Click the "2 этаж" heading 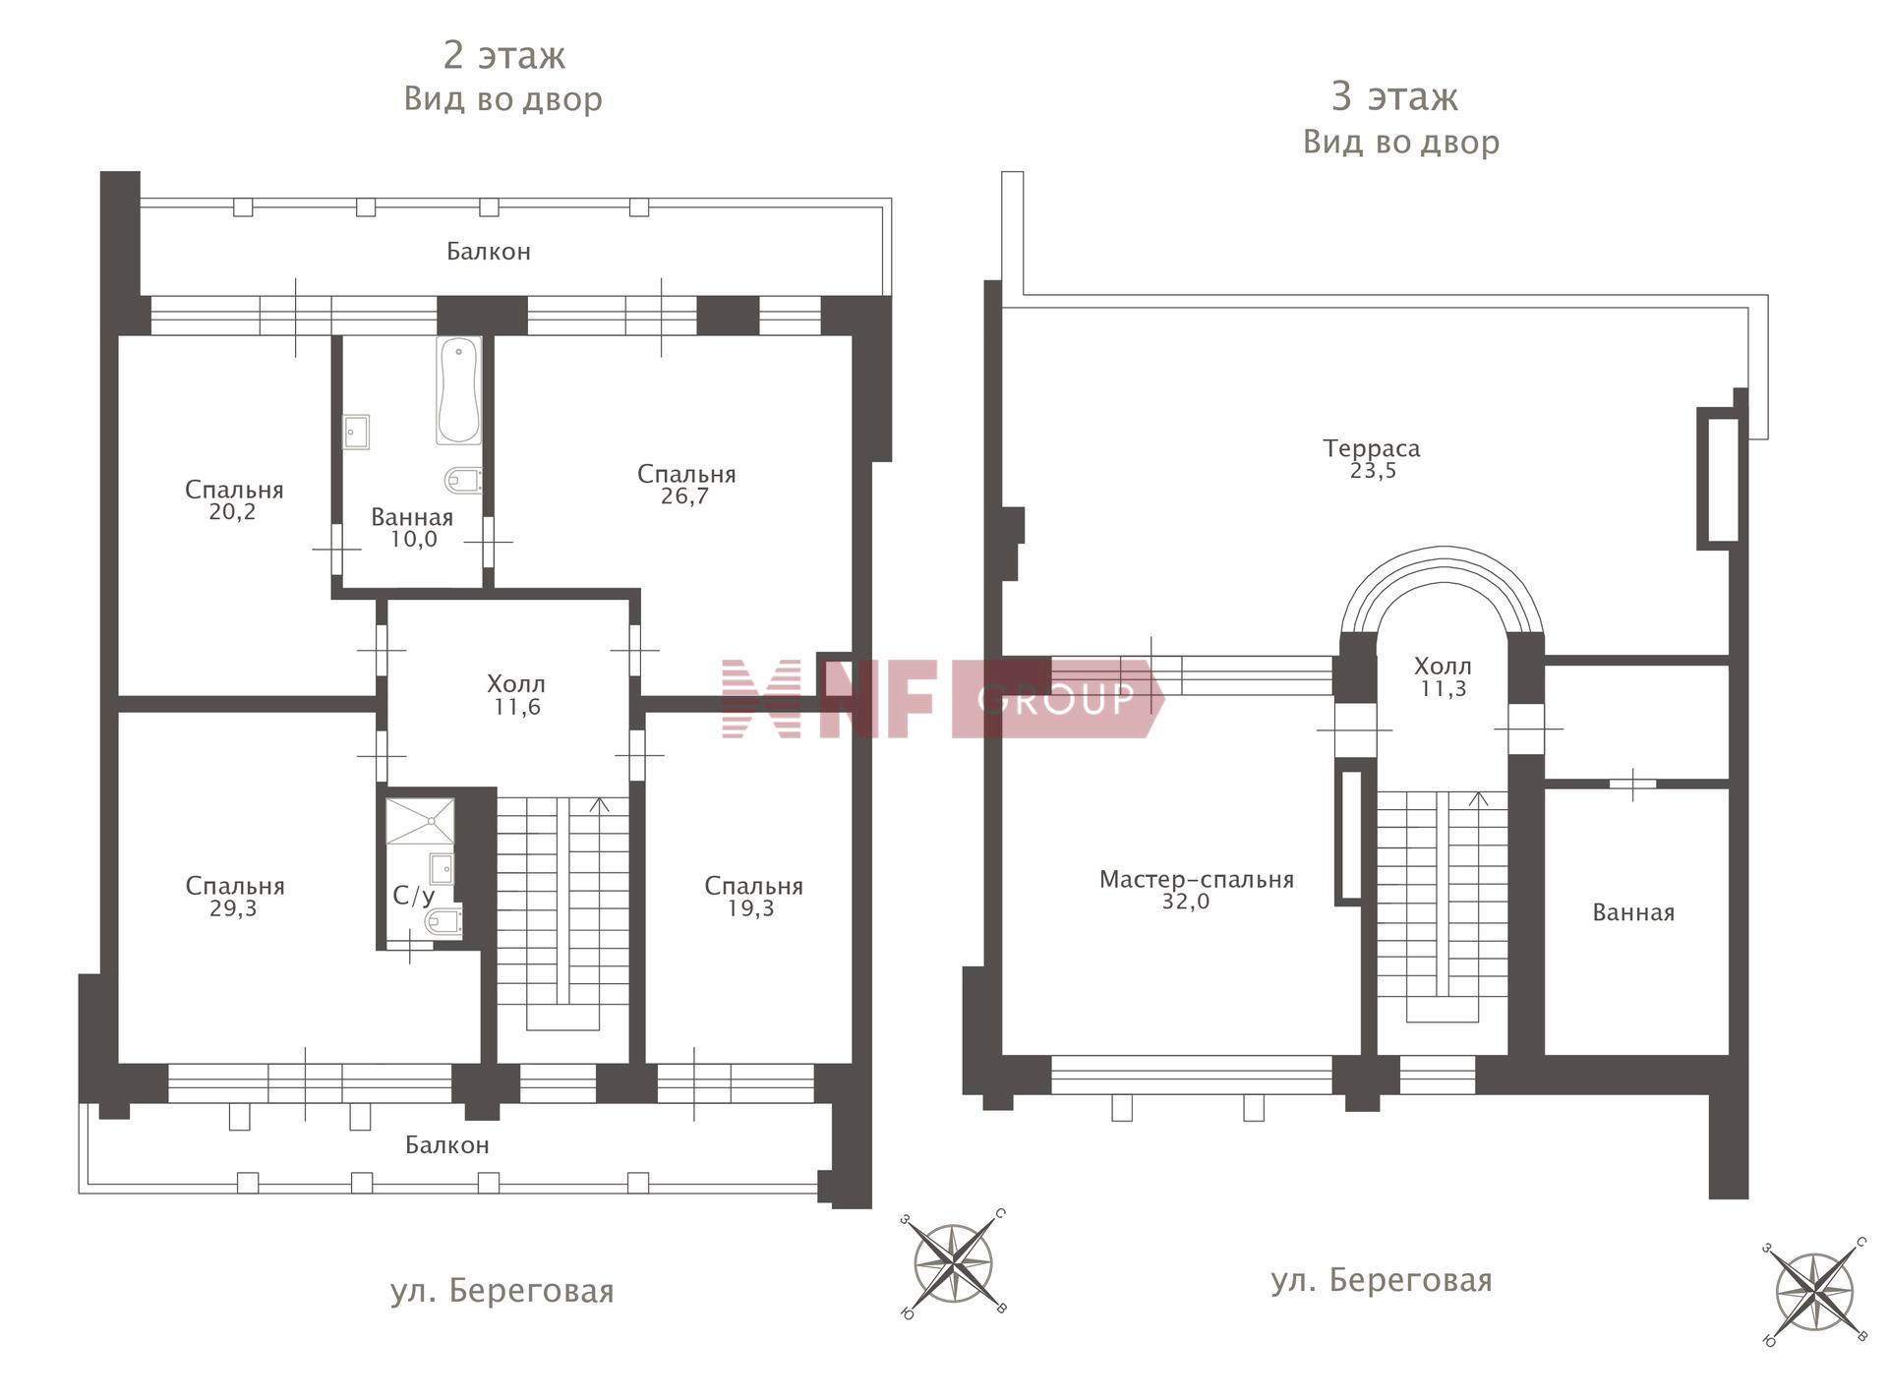(503, 55)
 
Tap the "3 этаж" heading (1394, 96)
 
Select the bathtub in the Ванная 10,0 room (459, 391)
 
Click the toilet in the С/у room (443, 922)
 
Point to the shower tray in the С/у (420, 821)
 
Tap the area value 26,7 (685, 496)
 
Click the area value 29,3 (233, 908)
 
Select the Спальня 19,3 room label (753, 897)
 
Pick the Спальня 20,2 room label (234, 499)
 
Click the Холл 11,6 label (516, 695)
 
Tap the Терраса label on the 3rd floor (1372, 448)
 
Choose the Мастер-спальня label (1196, 880)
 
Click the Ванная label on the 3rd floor (1633, 912)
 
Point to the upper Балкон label (489, 252)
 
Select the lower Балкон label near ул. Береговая (447, 1145)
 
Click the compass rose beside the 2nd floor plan (953, 1263)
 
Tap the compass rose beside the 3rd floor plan (1815, 1292)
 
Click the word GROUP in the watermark (1056, 699)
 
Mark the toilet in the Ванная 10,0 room (463, 481)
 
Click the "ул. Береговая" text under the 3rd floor (1382, 1280)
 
